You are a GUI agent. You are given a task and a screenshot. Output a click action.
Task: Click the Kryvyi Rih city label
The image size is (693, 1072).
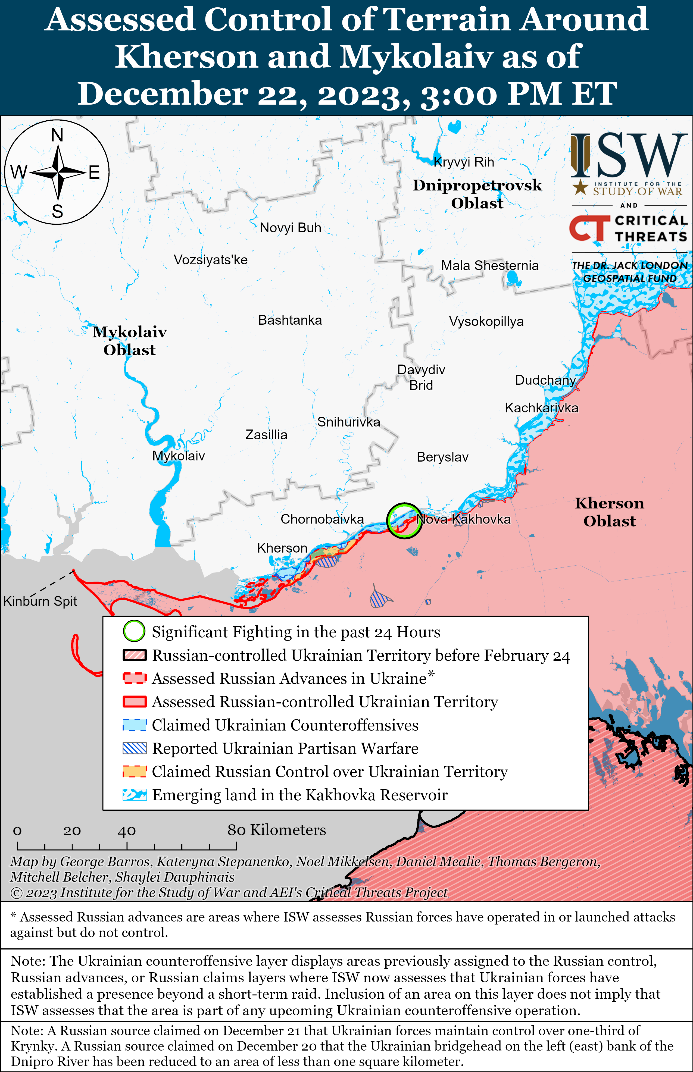[x=464, y=162]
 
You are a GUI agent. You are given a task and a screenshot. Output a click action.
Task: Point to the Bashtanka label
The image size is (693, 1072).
[x=290, y=320]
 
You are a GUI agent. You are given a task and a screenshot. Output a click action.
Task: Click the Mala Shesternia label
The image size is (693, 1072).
[x=490, y=265]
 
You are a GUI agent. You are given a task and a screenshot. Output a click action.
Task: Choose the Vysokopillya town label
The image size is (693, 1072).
[x=486, y=322]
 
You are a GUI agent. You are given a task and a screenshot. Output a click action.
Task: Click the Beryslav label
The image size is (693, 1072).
[x=442, y=457]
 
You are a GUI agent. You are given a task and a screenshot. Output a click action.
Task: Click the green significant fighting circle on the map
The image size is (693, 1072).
[x=404, y=521]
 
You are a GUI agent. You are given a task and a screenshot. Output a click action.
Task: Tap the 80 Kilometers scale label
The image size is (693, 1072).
[x=276, y=830]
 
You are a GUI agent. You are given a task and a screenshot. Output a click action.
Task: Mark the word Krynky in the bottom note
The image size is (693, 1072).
[x=30, y=1046]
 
